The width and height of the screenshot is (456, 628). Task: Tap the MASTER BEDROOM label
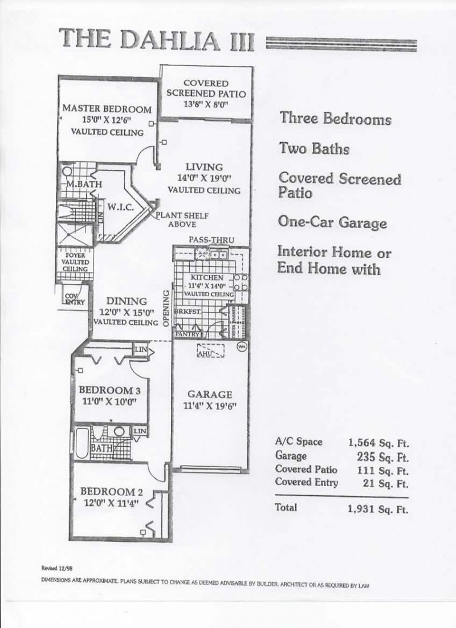107,109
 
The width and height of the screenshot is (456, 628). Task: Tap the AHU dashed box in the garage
210,352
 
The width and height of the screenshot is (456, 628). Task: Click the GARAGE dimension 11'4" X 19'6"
210,406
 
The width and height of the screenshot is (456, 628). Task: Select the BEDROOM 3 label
109,390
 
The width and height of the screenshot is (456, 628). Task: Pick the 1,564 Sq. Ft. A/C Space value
378,442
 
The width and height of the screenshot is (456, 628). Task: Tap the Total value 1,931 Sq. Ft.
378,509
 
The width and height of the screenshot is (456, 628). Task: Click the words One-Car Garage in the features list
332,222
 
